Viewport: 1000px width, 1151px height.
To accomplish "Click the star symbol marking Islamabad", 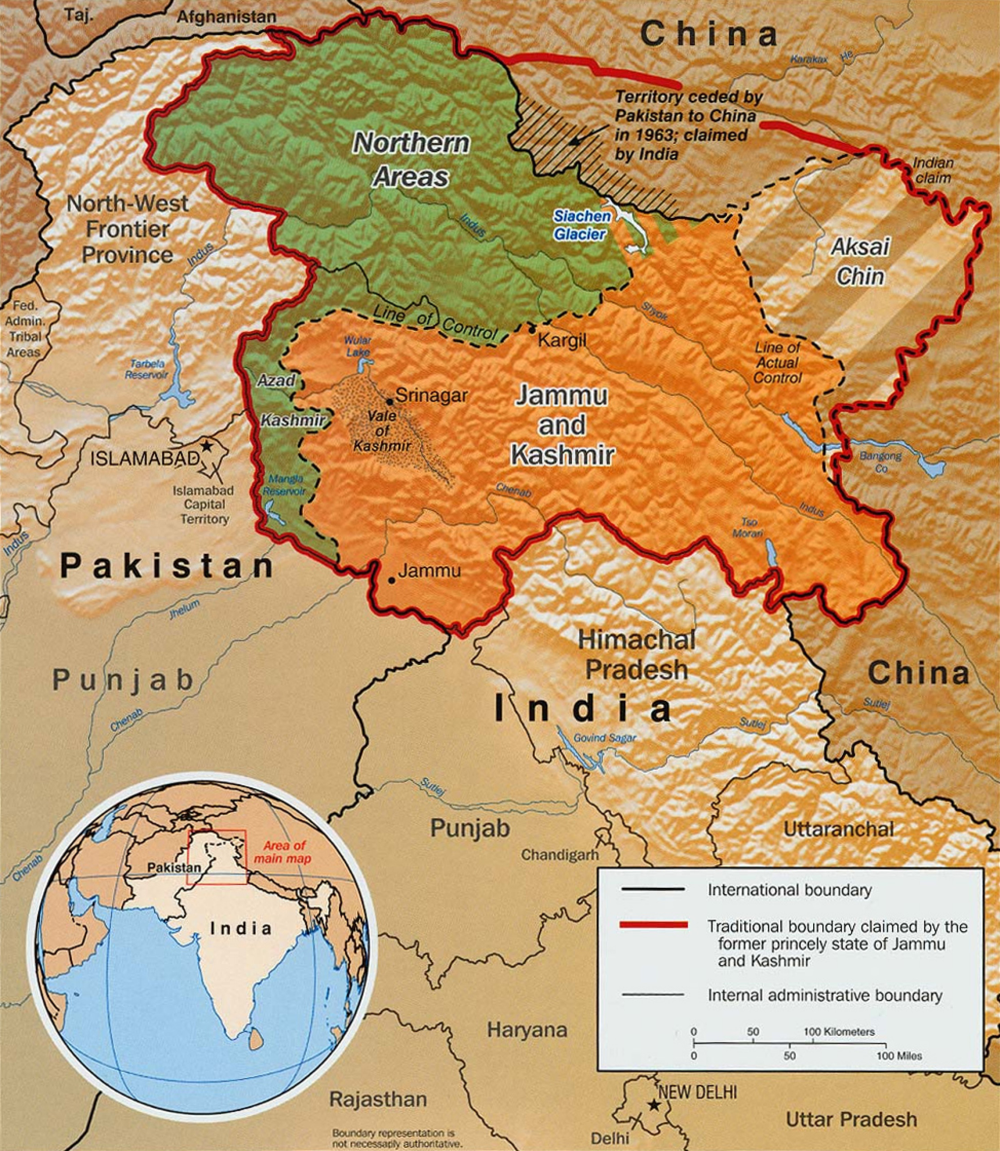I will pyautogui.click(x=207, y=446).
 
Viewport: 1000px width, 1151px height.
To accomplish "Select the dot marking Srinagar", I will pyautogui.click(x=389, y=402).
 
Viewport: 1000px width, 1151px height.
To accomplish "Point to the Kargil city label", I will pyautogui.click(x=562, y=339).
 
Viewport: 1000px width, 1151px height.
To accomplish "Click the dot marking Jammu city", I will pyautogui.click(x=392, y=580).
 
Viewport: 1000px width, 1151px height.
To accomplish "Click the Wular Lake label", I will pyautogui.click(x=358, y=346).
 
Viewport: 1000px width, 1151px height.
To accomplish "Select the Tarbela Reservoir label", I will pyautogui.click(x=146, y=369).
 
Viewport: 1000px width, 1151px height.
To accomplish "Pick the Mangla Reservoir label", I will pyautogui.click(x=285, y=485).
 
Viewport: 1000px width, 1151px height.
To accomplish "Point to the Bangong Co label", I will pyautogui.click(x=880, y=462).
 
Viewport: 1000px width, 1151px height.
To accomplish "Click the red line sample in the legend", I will pyautogui.click(x=653, y=925).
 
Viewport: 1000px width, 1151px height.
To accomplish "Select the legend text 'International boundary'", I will pyautogui.click(x=789, y=890).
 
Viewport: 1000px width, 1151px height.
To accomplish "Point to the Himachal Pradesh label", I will pyautogui.click(x=636, y=655).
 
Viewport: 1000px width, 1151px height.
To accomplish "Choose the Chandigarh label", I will pyautogui.click(x=560, y=854).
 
